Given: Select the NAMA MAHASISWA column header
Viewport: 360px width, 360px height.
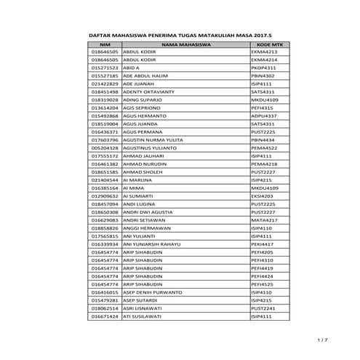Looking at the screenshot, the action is (185, 44).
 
